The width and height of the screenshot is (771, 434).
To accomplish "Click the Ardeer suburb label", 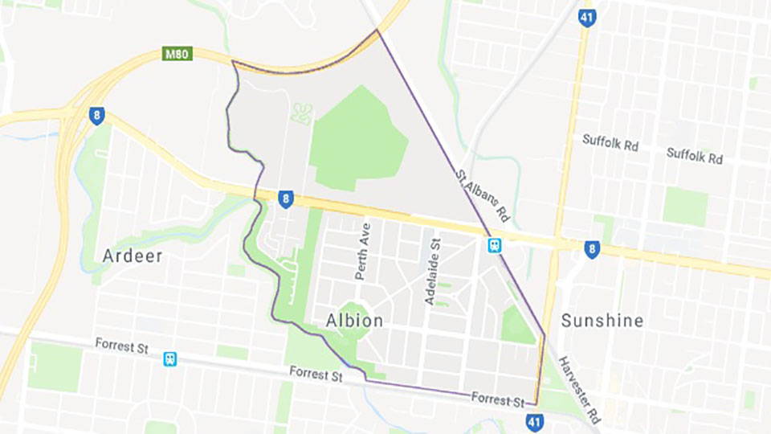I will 133,256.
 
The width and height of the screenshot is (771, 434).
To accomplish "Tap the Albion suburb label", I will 354,321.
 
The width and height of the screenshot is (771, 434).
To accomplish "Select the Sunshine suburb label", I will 602,321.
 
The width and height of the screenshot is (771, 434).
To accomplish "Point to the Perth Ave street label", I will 364,251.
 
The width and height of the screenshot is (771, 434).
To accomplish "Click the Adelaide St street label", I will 434,271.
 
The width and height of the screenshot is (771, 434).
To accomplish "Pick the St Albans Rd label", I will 482,194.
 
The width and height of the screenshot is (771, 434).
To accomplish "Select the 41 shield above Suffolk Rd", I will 589,17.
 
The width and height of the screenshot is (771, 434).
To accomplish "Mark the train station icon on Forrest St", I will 169,358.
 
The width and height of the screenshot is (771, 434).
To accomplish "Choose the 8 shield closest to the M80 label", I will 96,115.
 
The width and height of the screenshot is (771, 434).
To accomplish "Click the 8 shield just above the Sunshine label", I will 592,249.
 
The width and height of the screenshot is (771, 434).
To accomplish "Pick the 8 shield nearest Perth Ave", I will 285,198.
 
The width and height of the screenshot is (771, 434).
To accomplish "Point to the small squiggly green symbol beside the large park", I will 302,113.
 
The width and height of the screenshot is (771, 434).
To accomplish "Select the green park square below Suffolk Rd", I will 685,207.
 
